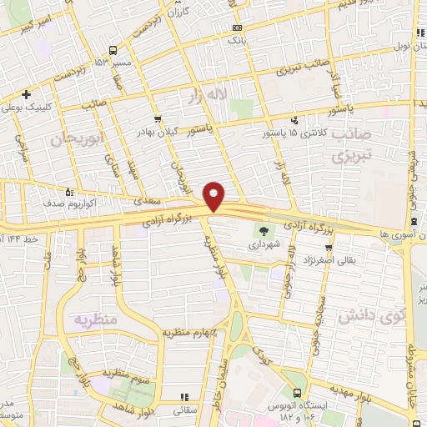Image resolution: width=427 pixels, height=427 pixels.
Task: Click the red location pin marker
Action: [215, 196]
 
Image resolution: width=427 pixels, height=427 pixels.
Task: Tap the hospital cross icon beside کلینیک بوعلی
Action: [27, 93]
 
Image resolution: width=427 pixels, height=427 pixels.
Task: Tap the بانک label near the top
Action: [237, 39]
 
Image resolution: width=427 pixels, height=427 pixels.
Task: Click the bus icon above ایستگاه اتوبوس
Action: [298, 394]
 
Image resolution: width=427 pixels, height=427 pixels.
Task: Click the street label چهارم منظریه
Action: [193, 334]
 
